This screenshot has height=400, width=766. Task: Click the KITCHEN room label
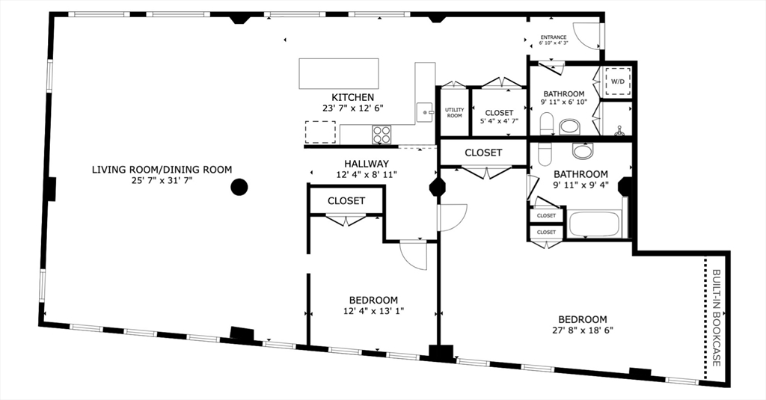[352, 97]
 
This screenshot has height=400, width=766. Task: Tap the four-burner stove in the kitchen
[382, 135]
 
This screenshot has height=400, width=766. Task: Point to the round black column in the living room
[239, 187]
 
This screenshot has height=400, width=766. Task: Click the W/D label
[618, 81]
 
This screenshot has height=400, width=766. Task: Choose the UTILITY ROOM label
[454, 113]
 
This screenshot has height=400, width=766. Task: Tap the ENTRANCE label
[554, 37]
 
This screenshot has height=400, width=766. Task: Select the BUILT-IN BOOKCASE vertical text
[715, 317]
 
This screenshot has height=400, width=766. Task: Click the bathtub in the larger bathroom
[595, 224]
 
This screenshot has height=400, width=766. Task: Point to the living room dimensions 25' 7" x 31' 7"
[162, 181]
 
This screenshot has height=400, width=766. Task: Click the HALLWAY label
[366, 164]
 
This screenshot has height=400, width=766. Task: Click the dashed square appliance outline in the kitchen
[320, 132]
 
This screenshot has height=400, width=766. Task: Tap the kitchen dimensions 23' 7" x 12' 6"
[352, 108]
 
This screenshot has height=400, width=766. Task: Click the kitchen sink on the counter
[425, 112]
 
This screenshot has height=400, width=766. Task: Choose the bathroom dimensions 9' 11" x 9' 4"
[580, 185]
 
